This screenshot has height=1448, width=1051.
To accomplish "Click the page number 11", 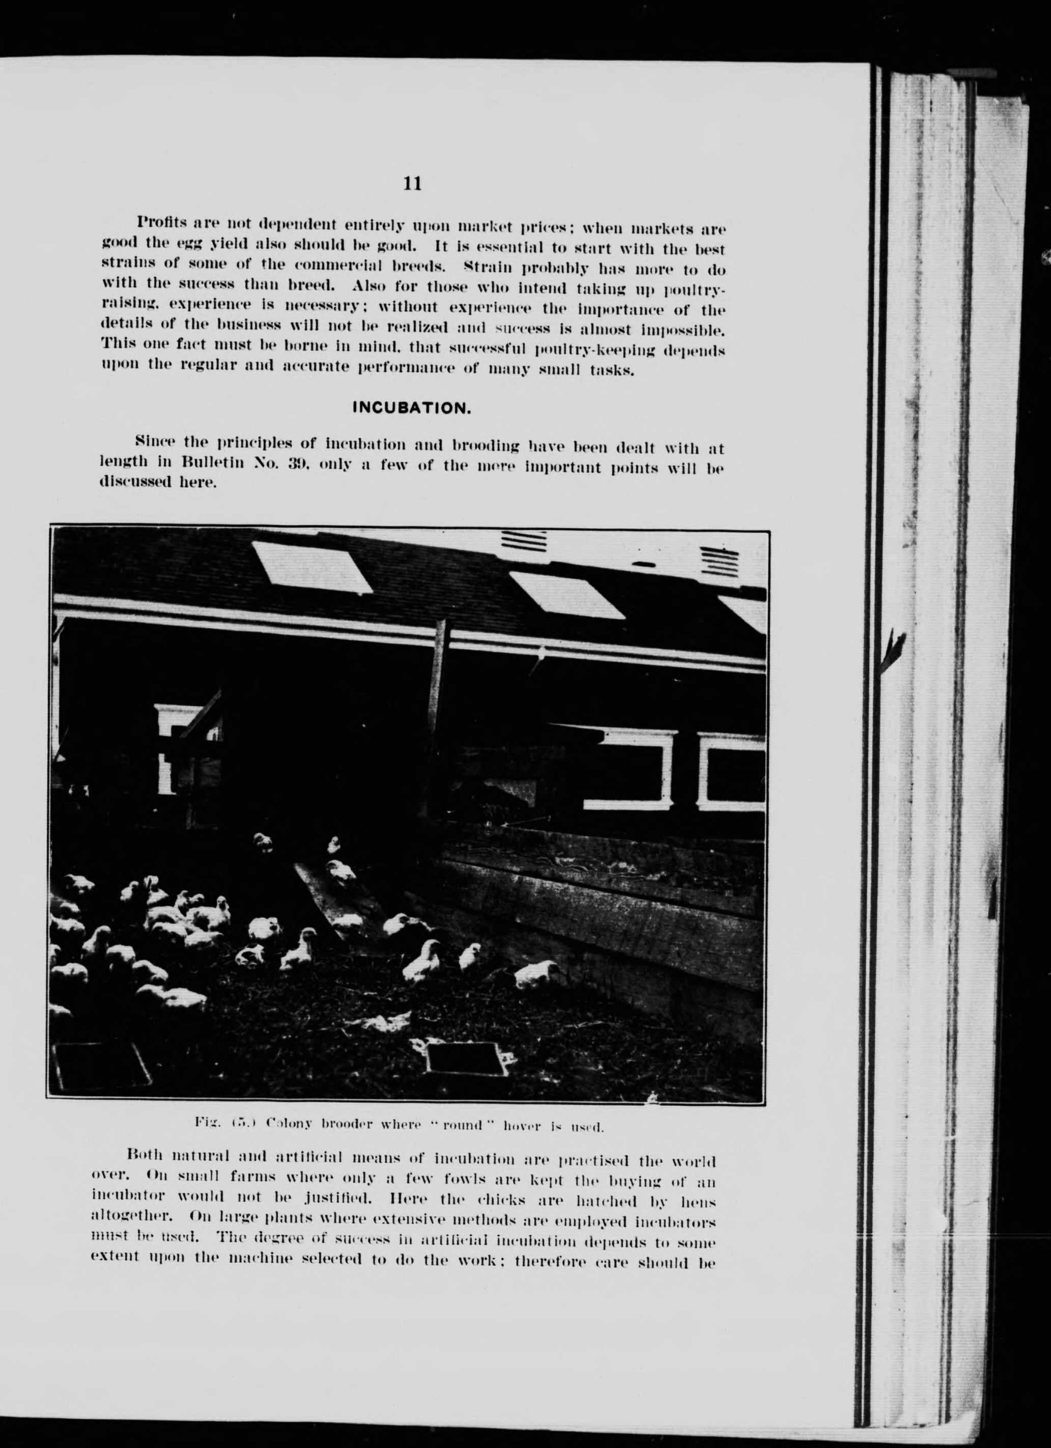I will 412,184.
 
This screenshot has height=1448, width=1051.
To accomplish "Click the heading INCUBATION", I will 412,408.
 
